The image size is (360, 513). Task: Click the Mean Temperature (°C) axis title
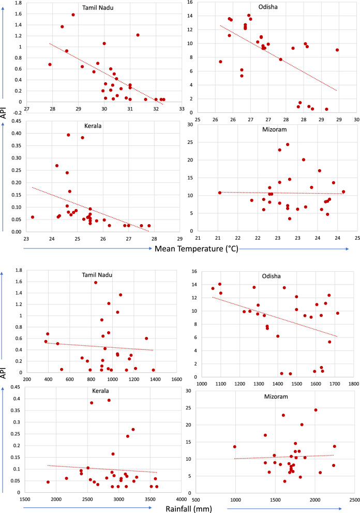tap(196, 249)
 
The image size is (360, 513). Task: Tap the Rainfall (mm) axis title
tap(189, 509)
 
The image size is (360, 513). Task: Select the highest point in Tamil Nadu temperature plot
tap(73, 14)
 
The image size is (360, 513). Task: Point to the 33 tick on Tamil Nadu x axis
tap(182, 109)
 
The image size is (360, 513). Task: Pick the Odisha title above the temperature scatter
tap(268, 7)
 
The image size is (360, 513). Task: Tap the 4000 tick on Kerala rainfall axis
tap(182, 499)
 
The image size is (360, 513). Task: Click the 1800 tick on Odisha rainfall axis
tap(354, 384)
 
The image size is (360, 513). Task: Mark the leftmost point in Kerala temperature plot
tap(33, 217)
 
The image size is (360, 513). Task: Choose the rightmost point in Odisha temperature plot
tap(337, 50)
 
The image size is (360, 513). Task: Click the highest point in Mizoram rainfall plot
tap(316, 410)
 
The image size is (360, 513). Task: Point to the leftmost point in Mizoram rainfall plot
tap(234, 447)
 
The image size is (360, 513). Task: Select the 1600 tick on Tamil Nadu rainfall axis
tap(177, 379)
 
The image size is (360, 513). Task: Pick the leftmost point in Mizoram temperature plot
tap(220, 193)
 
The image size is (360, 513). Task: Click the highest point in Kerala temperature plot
tap(68, 135)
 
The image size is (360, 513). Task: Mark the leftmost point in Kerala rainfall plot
tap(48, 482)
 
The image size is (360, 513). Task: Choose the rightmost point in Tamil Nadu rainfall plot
tap(153, 370)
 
